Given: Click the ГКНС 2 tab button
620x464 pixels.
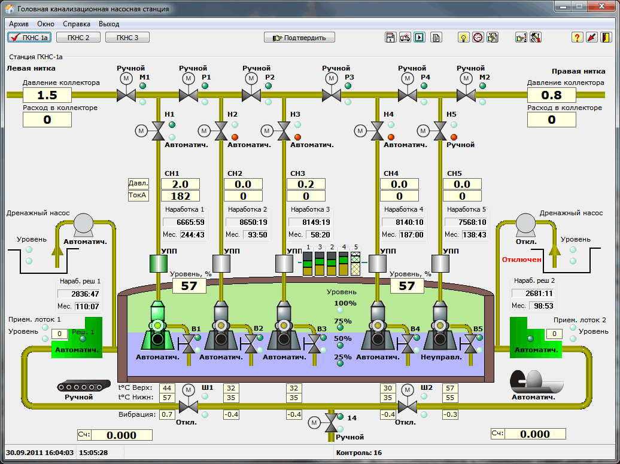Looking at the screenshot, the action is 78,38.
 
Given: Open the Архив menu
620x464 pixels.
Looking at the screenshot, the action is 19,24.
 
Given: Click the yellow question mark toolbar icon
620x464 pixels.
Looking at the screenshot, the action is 577,38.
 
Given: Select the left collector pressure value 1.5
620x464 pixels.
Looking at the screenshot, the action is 47,95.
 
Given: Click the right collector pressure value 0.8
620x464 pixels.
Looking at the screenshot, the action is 552,95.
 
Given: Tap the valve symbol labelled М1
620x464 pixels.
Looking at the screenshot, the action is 126,95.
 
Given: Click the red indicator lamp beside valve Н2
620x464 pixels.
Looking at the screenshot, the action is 235,137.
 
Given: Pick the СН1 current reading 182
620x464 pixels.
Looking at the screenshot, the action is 180,196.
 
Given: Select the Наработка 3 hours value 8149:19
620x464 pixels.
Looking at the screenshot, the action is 309,222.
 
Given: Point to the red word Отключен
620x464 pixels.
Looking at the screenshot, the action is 521,260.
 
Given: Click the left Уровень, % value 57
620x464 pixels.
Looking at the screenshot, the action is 189,286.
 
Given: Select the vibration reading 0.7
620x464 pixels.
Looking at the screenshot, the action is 167,414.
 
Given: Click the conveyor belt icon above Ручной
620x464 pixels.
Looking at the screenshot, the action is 83,386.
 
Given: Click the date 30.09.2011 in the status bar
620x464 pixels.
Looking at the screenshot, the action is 22,453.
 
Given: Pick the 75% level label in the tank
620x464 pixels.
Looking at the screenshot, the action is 343,321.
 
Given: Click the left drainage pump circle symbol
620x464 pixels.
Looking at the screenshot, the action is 83,223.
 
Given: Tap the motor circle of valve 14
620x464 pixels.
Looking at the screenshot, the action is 314,423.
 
